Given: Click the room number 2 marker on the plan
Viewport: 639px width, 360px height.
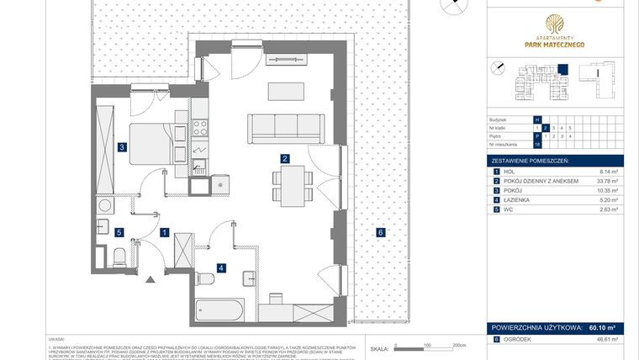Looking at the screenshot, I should click(286, 158).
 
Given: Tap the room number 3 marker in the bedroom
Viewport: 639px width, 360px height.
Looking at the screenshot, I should click(122, 147).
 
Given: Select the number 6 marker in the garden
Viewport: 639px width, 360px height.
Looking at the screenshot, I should click(380, 232).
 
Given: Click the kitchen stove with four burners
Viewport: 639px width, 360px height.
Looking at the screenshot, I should click(201, 128).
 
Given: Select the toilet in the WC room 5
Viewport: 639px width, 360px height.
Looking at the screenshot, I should click(119, 256).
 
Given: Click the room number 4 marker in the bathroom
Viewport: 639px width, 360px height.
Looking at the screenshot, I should click(221, 268).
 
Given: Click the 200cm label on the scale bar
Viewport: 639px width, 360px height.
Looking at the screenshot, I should click(459, 345).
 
